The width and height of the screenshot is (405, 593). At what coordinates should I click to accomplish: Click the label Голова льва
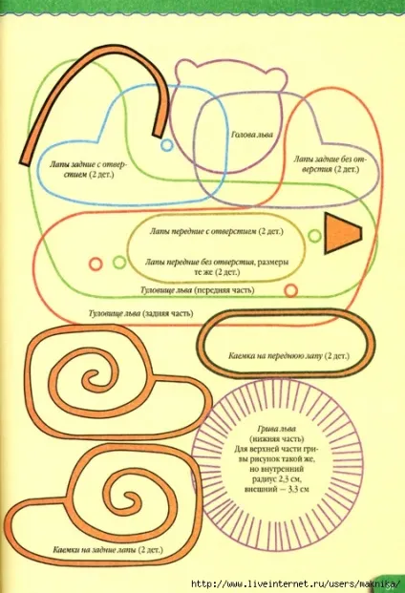[252, 135]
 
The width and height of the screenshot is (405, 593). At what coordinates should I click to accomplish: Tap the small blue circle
[166, 145]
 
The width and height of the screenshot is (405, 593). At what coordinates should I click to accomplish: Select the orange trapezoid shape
[343, 233]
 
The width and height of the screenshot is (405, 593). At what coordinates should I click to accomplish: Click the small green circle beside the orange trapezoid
[314, 236]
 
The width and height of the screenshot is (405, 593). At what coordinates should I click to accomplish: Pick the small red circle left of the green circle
[96, 264]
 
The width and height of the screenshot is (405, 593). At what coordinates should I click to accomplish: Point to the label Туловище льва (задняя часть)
[140, 313]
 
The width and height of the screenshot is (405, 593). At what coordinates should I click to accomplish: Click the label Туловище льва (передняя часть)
[197, 290]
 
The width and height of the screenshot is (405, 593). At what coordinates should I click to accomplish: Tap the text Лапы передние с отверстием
[203, 231]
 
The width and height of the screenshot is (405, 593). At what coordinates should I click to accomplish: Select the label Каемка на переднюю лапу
[276, 356]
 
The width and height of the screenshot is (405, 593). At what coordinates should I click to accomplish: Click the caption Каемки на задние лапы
[96, 549]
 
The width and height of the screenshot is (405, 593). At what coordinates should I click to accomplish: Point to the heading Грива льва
[276, 429]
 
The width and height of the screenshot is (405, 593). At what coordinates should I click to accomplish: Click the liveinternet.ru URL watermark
[295, 583]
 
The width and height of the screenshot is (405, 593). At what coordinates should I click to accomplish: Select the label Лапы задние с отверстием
[87, 170]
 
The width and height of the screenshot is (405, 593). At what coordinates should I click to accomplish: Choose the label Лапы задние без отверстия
[330, 163]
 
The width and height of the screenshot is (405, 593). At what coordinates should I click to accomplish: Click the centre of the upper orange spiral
[90, 377]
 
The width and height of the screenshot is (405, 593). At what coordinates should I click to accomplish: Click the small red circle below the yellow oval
[290, 290]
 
